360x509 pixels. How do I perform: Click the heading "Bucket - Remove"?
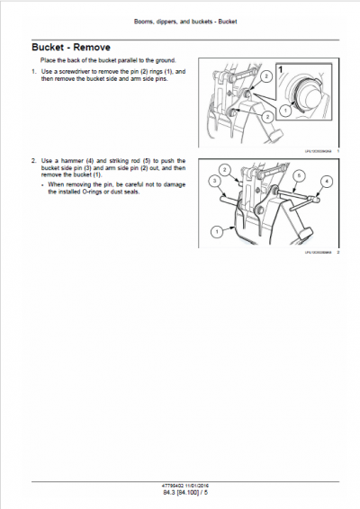70,47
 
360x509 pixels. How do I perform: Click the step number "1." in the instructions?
33,71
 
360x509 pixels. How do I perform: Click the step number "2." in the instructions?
33,160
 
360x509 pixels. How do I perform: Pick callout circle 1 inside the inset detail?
285,109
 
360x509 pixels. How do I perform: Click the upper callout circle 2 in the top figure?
265,78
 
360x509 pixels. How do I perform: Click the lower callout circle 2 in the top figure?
267,116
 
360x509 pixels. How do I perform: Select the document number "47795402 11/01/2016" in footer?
180,487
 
